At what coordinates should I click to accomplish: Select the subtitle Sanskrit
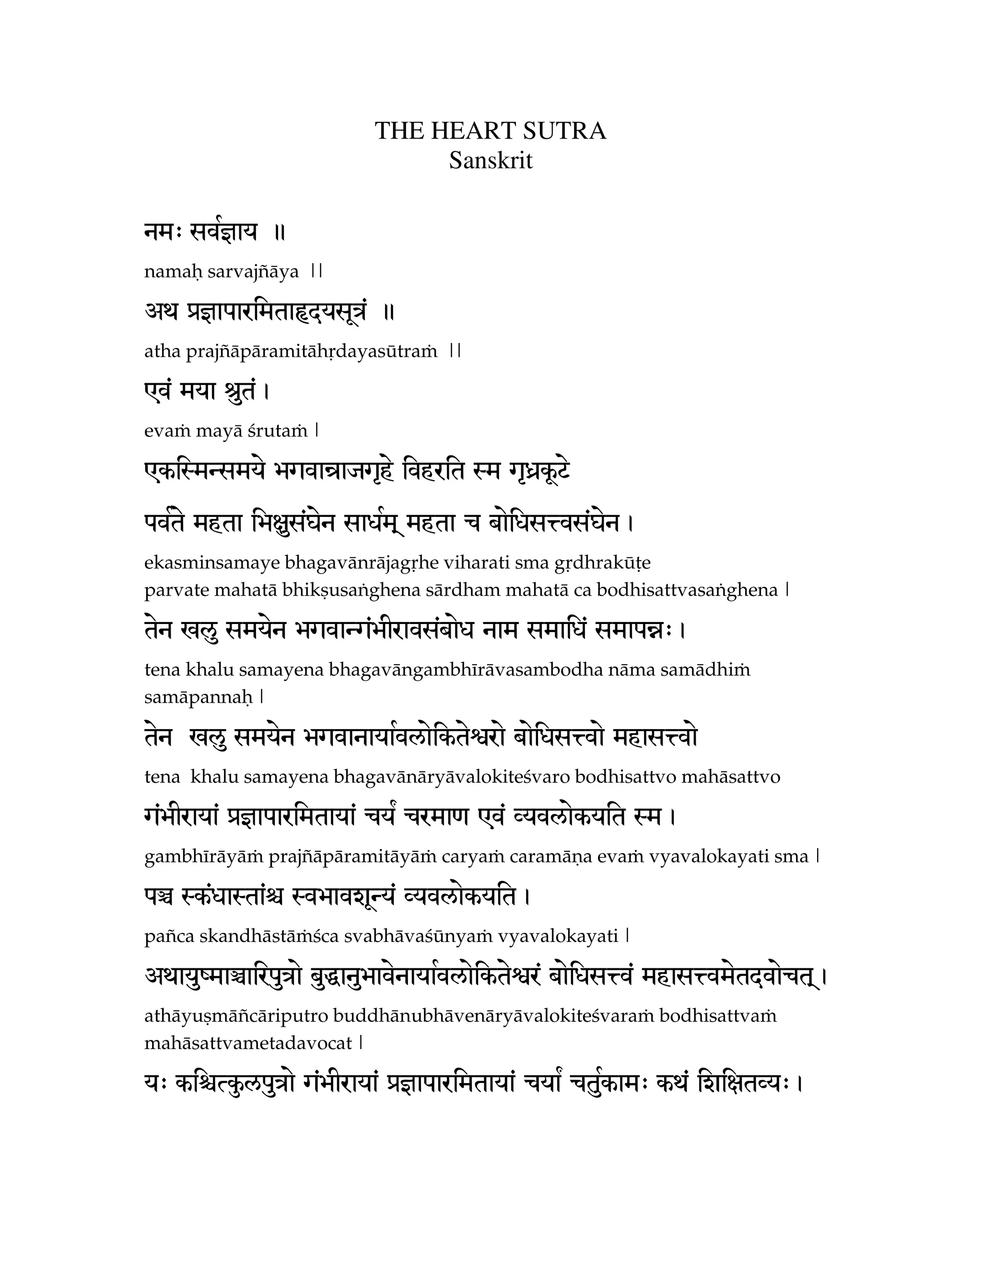pyautogui.click(x=491, y=161)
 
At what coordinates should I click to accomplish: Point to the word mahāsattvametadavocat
pyautogui.click(x=248, y=1043)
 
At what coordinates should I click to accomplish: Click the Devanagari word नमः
pyautogui.click(x=164, y=233)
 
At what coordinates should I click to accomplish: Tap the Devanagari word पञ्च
pyautogui.click(x=159, y=897)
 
